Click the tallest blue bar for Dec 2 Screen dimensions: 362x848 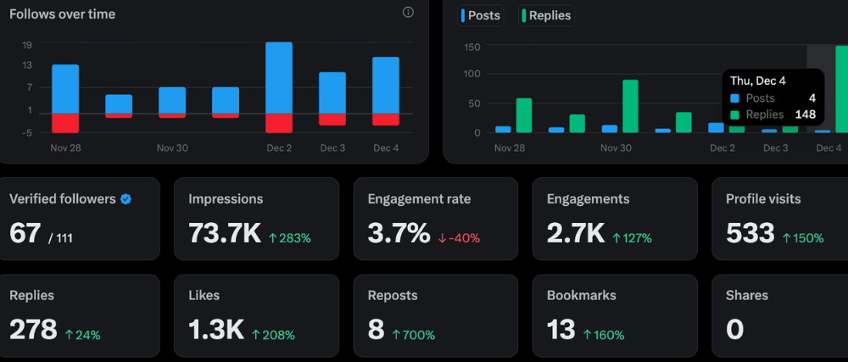[x=279, y=77]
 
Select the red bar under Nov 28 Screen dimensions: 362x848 [x=65, y=123]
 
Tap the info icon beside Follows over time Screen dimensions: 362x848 [x=408, y=13]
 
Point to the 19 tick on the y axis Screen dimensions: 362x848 [x=27, y=44]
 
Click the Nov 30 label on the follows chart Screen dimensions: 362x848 [x=172, y=148]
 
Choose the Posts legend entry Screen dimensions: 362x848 [x=481, y=15]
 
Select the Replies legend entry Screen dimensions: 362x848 [x=546, y=15]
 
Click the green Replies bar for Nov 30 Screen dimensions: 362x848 [x=630, y=106]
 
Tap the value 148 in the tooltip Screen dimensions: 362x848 [x=805, y=114]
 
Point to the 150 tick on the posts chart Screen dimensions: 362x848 [x=472, y=47]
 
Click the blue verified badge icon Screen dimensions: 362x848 [x=126, y=199]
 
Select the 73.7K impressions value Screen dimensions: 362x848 [x=225, y=234]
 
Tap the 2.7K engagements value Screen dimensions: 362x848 [x=575, y=234]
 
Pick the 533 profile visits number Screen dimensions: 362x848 [x=750, y=234]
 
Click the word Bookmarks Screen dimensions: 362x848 [x=582, y=296]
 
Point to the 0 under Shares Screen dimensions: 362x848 [x=734, y=330]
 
